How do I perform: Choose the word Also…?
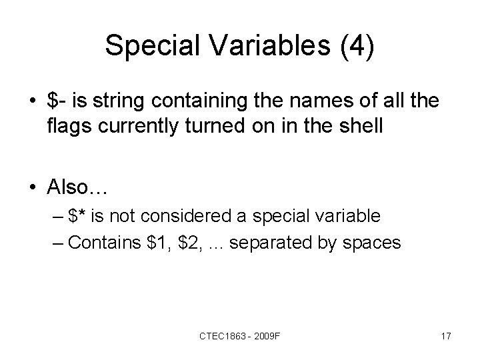click(77, 188)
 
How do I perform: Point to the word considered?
click(189, 217)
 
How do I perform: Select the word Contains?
click(101, 242)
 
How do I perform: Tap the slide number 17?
click(445, 337)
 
